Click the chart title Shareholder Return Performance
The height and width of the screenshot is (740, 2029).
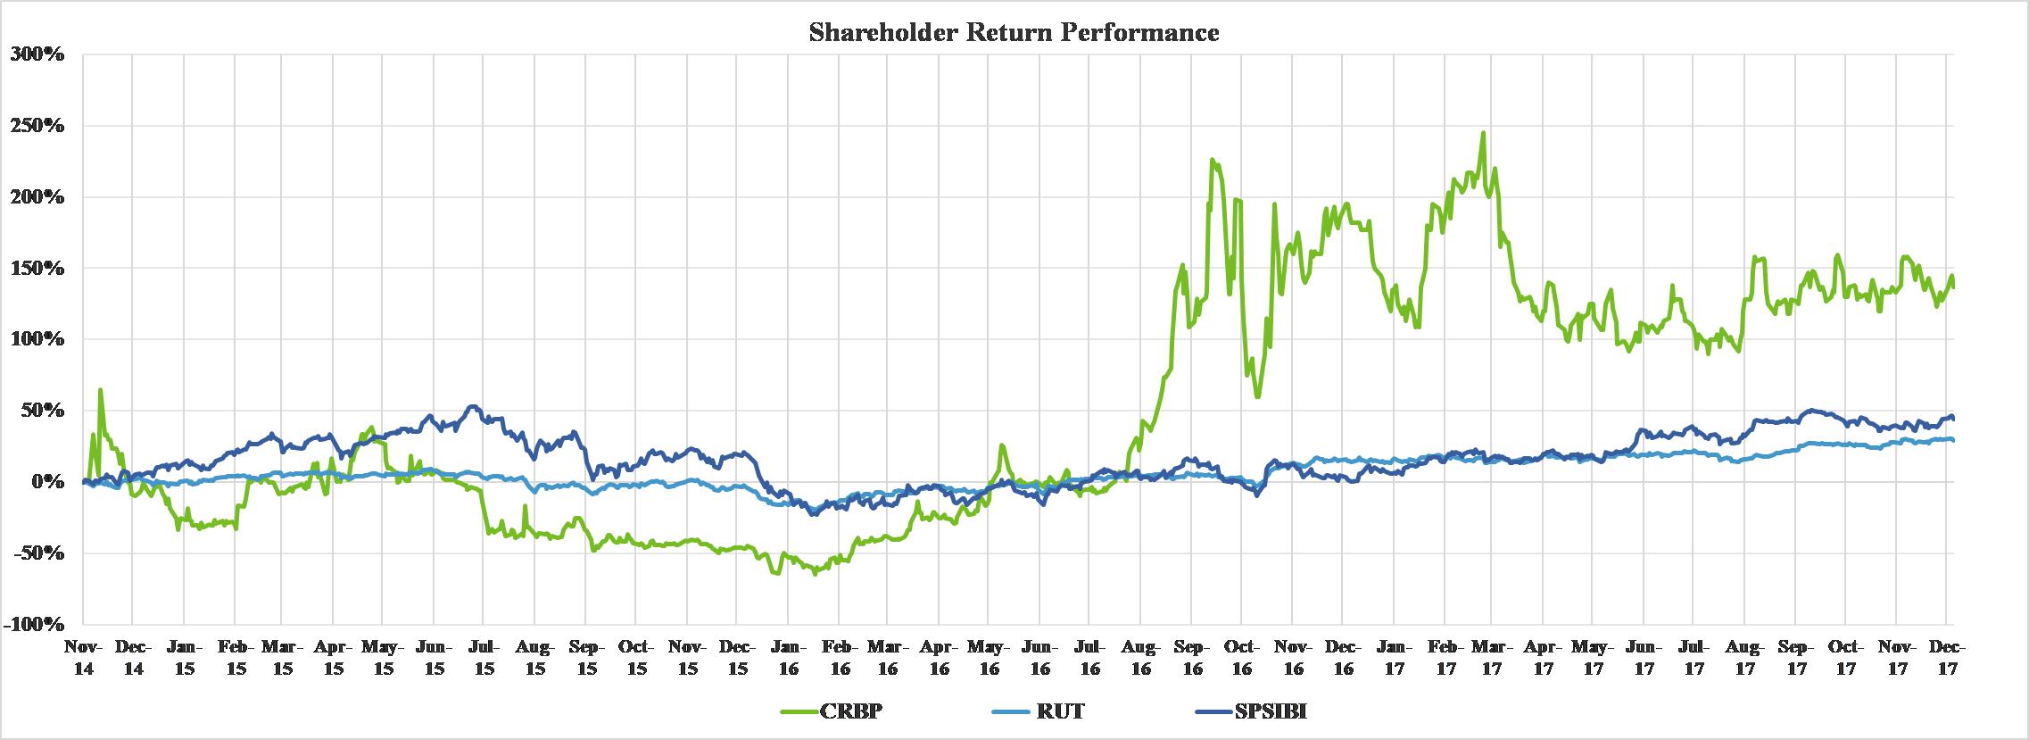[1014, 34]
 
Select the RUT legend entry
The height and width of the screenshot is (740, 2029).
[1061, 711]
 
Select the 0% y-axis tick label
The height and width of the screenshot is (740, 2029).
[49, 482]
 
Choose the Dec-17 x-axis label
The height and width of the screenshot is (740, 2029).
[1947, 657]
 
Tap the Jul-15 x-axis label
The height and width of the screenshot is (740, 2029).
[484, 657]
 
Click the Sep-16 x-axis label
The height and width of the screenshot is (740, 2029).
[1191, 657]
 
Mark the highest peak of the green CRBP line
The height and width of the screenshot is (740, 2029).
[1483, 133]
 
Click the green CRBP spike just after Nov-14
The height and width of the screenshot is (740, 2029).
[100, 390]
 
